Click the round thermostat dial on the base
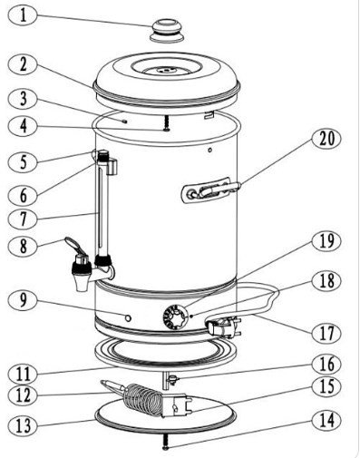coord(174,317)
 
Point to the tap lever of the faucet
coord(76,246)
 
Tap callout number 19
coord(324,241)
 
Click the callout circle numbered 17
coord(324,332)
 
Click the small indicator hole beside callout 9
coord(128,319)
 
